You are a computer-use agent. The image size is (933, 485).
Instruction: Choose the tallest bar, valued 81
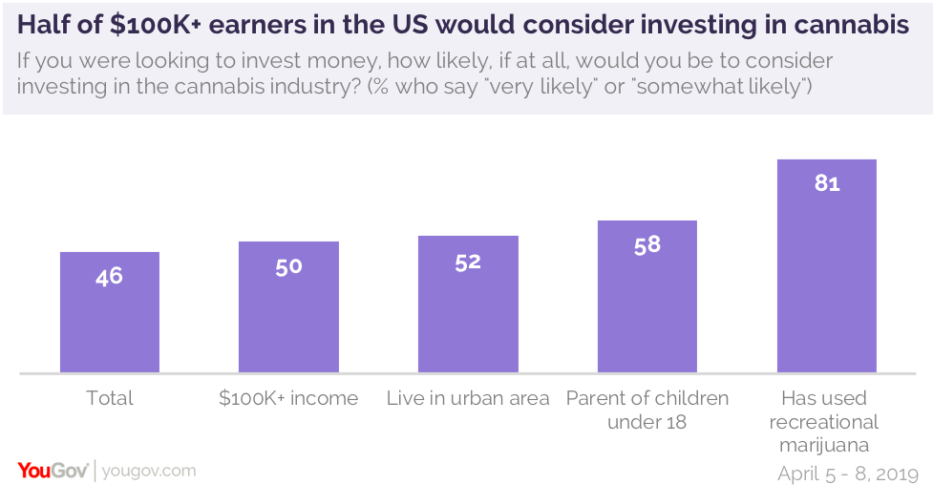(x=827, y=267)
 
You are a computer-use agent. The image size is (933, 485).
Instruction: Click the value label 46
(x=109, y=277)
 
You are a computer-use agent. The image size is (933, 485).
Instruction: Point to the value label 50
(x=288, y=266)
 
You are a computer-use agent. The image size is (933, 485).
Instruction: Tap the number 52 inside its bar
(x=468, y=262)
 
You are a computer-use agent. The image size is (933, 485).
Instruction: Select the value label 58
(x=647, y=244)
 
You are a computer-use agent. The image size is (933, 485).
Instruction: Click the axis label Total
(x=109, y=398)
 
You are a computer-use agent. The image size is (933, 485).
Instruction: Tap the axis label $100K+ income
(x=288, y=398)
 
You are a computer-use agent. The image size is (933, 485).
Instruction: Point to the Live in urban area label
(x=468, y=398)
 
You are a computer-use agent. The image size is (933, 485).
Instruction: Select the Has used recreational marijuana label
(x=827, y=421)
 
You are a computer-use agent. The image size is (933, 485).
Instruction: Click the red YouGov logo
(x=53, y=470)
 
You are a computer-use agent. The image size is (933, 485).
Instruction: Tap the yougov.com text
(x=149, y=470)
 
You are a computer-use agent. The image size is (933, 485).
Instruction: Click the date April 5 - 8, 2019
(x=848, y=473)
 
